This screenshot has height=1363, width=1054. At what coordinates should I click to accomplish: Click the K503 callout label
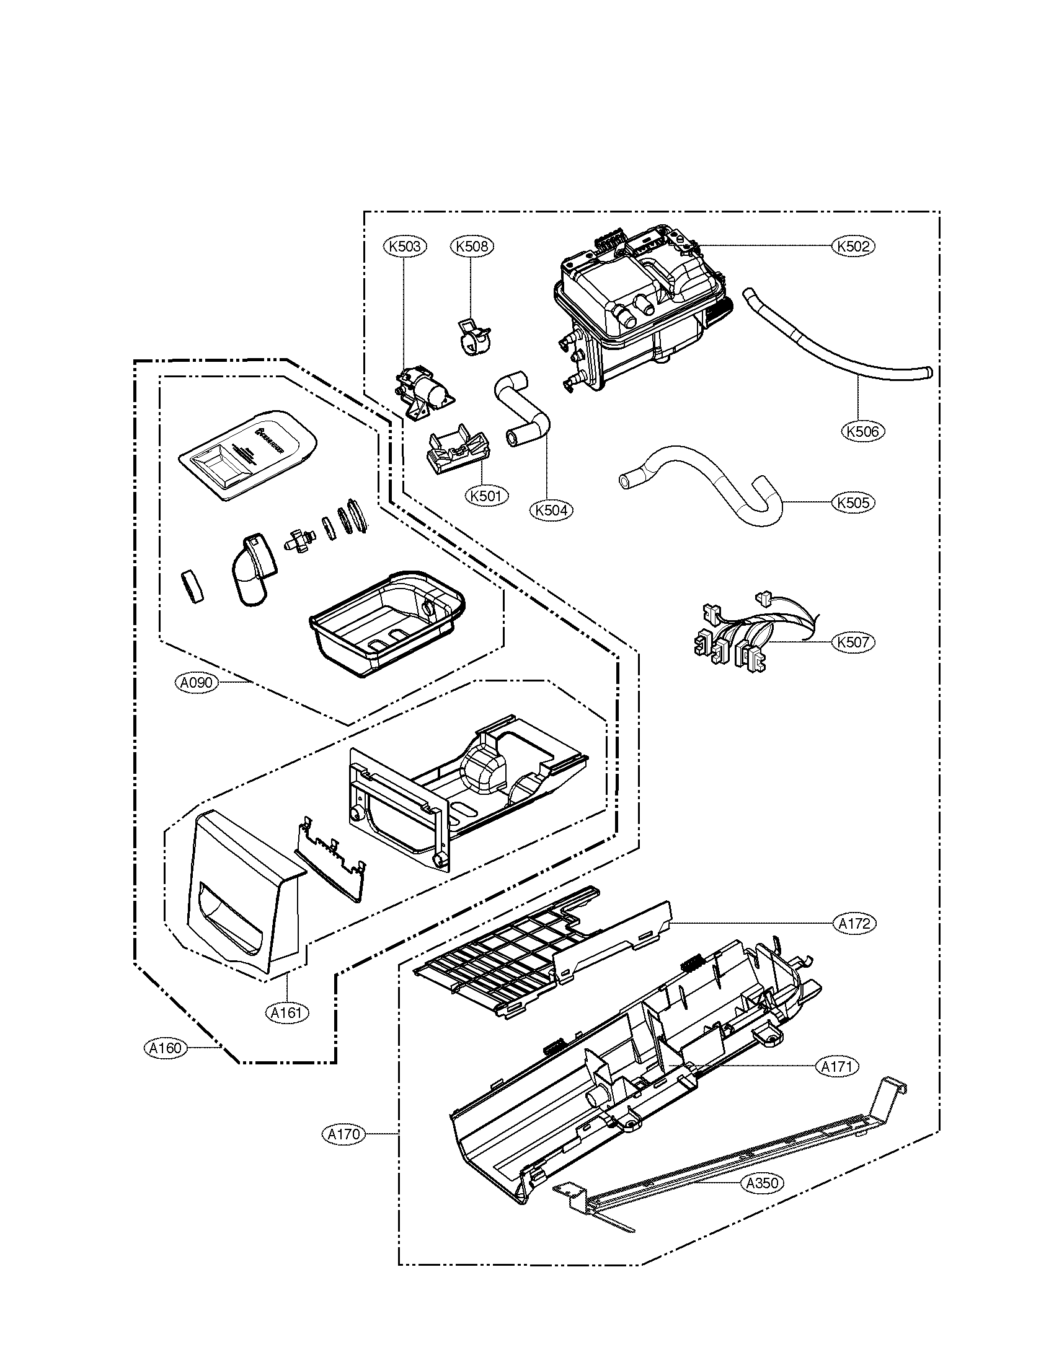click(x=404, y=247)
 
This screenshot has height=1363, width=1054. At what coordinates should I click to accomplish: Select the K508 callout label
click(x=471, y=247)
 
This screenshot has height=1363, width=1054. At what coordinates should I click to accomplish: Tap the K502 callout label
click(x=854, y=247)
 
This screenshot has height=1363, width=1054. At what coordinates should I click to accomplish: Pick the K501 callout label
click(x=487, y=496)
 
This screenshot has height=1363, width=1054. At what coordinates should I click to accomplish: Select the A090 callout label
click(x=197, y=683)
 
